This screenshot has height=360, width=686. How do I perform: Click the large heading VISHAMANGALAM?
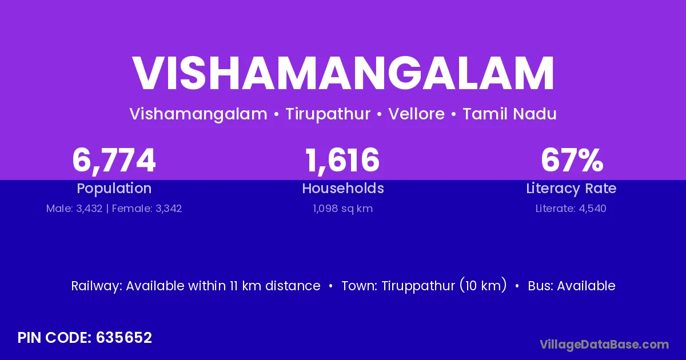click(x=343, y=73)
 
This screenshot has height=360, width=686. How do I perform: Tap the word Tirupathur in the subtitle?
click(x=328, y=114)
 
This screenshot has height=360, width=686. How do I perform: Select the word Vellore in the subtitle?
click(x=417, y=114)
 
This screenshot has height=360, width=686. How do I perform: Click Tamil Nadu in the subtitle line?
click(x=509, y=114)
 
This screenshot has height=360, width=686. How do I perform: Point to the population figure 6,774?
click(x=114, y=161)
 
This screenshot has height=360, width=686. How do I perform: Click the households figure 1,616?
click(x=342, y=161)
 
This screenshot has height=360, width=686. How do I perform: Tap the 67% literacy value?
click(x=572, y=160)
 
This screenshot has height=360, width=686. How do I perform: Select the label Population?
click(x=114, y=189)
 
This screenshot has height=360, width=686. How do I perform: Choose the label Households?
click(x=343, y=188)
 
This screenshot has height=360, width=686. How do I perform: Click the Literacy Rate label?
click(x=571, y=189)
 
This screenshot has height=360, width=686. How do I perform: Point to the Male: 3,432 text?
click(x=74, y=209)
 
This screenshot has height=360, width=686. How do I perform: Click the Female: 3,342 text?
click(x=147, y=209)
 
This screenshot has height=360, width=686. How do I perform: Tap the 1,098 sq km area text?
click(x=342, y=209)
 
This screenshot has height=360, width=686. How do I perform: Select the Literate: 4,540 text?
click(x=571, y=209)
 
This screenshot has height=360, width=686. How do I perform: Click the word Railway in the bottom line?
click(x=97, y=286)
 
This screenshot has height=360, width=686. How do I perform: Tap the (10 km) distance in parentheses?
click(x=483, y=286)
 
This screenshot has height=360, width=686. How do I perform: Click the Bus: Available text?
click(x=572, y=286)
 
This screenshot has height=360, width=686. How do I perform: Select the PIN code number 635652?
click(x=124, y=338)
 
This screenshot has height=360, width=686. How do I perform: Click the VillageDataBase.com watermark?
click(x=604, y=345)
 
